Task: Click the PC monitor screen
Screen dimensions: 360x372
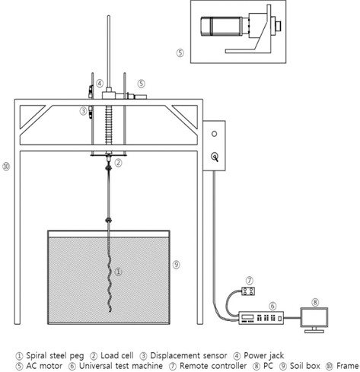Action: [314, 317]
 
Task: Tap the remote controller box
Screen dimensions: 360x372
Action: [248, 291]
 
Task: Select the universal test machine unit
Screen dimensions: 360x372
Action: [261, 318]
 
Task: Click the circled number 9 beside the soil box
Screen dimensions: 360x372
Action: [176, 265]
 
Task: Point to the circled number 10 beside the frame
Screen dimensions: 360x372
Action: [6, 167]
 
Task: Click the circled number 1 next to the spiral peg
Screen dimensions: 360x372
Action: [118, 272]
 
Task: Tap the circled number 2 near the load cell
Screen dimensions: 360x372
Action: [118, 163]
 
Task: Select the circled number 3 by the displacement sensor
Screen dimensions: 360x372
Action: [83, 111]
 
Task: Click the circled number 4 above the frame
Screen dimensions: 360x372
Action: [100, 83]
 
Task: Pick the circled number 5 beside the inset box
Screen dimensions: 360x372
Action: [180, 53]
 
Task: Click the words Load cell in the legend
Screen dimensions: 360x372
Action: [117, 355]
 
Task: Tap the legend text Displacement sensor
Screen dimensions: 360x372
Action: [189, 355]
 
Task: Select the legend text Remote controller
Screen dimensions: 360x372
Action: [213, 366]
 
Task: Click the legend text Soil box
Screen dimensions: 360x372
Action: [305, 366]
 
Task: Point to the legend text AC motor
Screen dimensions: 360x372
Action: [44, 366]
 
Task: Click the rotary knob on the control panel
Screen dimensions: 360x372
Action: [215, 157]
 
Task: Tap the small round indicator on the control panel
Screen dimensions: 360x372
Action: [214, 134]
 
